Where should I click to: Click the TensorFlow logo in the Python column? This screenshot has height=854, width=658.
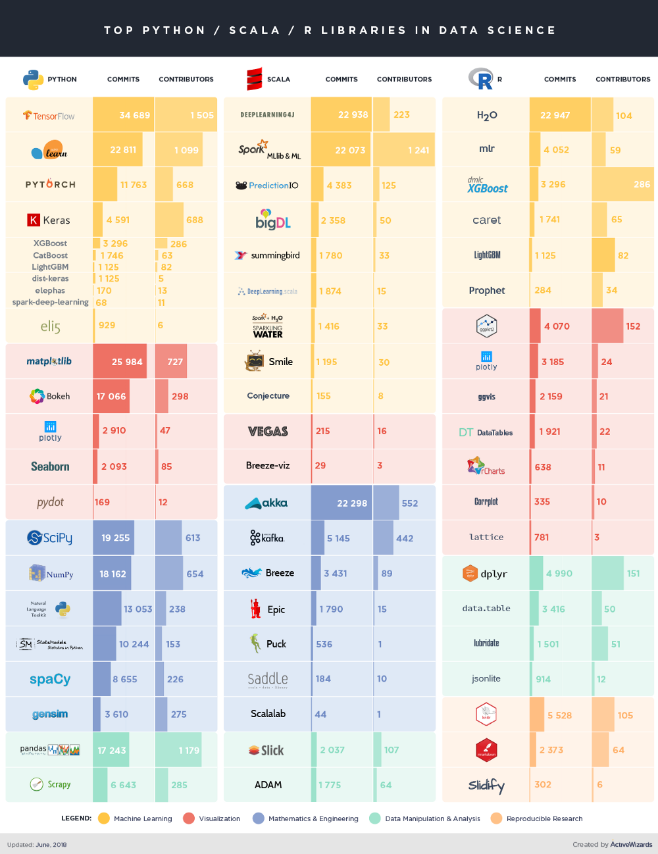pos(49,116)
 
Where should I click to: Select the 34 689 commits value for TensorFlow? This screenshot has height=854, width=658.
pos(134,115)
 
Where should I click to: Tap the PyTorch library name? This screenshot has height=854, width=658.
pos(50,185)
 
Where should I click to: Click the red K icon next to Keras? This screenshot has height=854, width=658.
pos(33,220)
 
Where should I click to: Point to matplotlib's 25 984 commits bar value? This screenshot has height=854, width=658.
pos(126,362)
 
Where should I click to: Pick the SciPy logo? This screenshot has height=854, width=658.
pos(49,538)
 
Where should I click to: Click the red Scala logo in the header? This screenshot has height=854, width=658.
pos(254,79)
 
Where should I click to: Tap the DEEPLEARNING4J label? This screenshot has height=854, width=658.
pos(267,114)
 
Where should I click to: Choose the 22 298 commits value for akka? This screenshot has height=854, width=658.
pos(351,503)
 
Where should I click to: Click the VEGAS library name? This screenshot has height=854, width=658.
pos(268,432)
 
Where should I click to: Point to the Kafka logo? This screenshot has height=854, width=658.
pos(267,538)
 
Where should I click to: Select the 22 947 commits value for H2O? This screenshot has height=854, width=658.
pos(555,115)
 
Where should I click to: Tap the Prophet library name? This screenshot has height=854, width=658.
pos(487,290)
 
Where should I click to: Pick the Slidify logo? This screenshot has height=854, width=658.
pos(486,785)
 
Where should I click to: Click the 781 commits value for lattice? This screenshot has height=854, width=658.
pos(542,538)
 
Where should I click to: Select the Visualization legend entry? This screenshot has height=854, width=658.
pos(212,818)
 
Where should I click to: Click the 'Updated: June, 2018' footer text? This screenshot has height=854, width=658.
pos(37,845)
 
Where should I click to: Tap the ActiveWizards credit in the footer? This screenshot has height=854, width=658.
pos(630,845)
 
